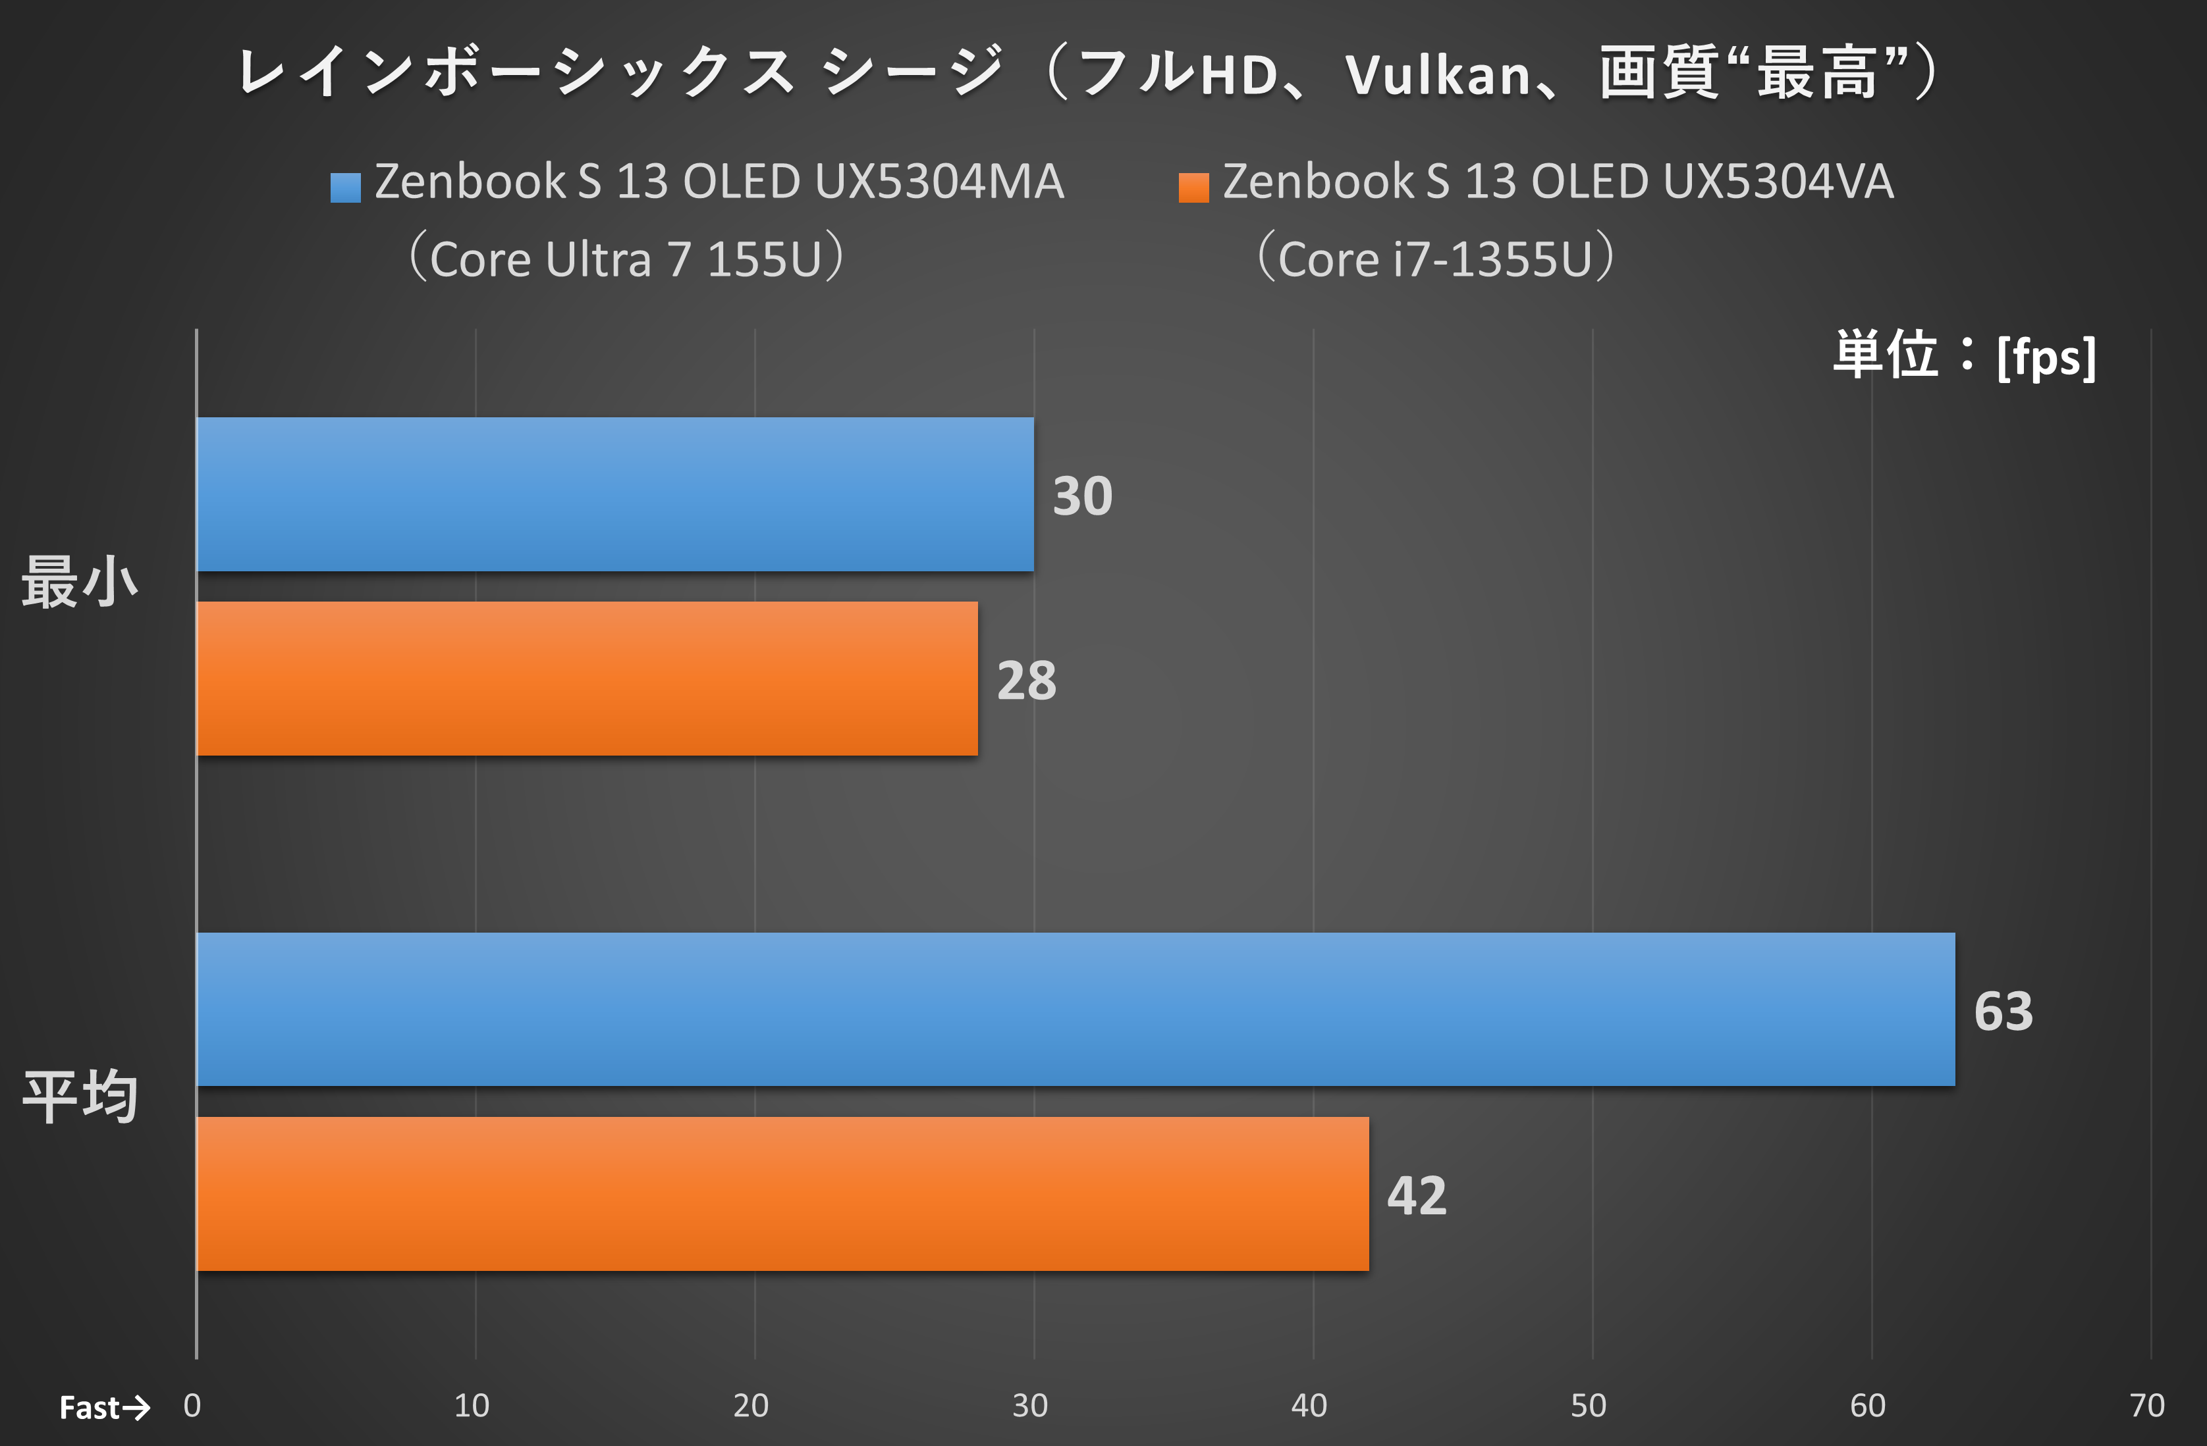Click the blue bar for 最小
click(x=614, y=494)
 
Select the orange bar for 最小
click(x=587, y=679)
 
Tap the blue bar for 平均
click(x=1076, y=1010)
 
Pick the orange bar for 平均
click(x=782, y=1194)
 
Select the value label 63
click(x=2003, y=1011)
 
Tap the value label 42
click(x=1416, y=1196)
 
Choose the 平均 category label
click(x=80, y=1097)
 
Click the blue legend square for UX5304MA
click(x=345, y=187)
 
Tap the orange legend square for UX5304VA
click(x=1193, y=187)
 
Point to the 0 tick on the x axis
click(x=192, y=1406)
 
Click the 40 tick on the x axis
click(x=1309, y=1406)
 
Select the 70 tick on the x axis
click(x=2146, y=1406)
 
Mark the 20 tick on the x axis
click(x=750, y=1406)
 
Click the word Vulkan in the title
click(x=1437, y=75)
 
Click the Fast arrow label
click(x=104, y=1408)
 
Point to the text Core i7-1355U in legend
click(x=1434, y=259)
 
